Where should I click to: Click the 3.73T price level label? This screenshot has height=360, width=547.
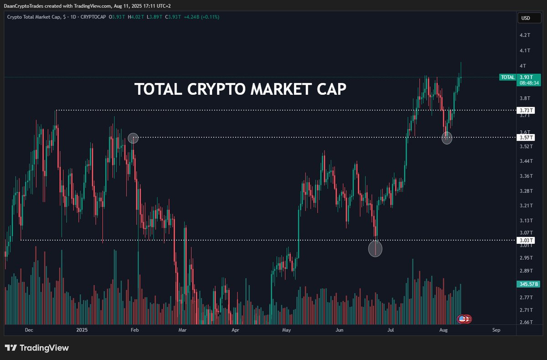point(526,110)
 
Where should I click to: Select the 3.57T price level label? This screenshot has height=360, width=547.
point(526,137)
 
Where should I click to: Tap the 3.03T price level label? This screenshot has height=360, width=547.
point(526,240)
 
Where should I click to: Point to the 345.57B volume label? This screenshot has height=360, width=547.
point(529,284)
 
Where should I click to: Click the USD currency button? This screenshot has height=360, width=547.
point(525,19)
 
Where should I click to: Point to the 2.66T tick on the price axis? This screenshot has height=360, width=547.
point(526,322)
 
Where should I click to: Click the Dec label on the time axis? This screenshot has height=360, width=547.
point(29,330)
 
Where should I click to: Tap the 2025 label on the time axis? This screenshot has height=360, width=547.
point(82,330)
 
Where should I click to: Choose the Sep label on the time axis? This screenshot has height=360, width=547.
point(496,330)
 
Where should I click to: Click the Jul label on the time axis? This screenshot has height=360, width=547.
point(391,330)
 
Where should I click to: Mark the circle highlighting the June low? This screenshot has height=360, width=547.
point(375,249)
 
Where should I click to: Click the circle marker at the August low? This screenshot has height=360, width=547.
point(447,138)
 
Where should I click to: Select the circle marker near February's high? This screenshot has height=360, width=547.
point(133,138)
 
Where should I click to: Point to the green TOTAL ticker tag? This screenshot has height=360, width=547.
point(507,77)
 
